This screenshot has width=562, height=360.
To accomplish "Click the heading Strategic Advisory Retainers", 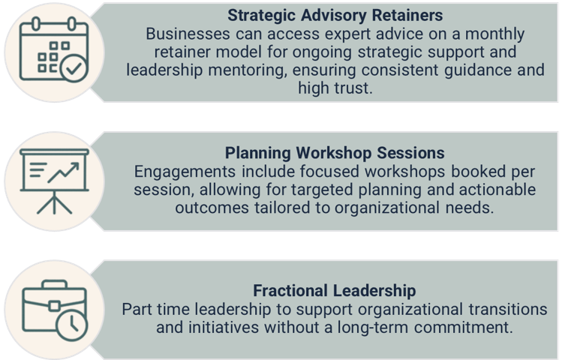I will click(337, 15).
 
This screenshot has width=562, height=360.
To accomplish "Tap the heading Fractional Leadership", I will click(335, 290).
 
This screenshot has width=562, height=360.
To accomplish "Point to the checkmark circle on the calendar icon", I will click(73, 70).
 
